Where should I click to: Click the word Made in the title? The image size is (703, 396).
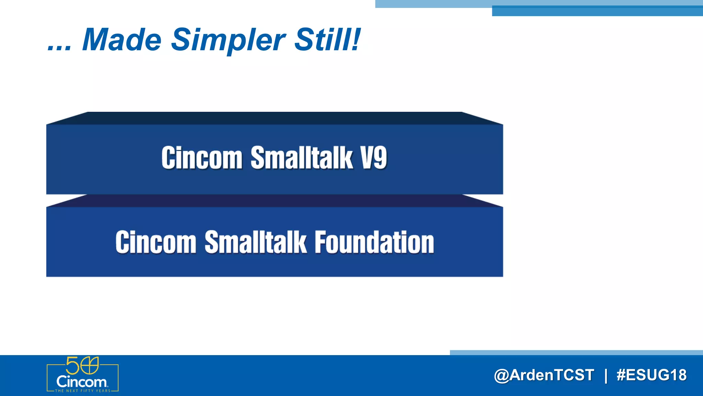(122, 40)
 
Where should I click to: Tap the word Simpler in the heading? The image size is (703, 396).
(228, 41)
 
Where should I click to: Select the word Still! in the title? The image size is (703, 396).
(327, 40)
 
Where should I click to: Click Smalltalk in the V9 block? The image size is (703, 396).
(302, 158)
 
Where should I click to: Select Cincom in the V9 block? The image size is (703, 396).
(202, 158)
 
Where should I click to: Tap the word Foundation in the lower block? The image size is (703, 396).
(374, 242)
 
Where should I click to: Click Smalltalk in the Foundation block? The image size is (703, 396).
(255, 242)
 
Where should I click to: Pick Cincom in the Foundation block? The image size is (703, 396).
(156, 243)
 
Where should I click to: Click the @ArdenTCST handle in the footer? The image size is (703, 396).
(544, 375)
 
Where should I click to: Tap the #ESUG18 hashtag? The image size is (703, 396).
(652, 375)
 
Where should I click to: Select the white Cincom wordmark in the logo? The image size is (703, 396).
(82, 382)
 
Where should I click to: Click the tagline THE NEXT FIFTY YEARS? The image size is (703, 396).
(83, 391)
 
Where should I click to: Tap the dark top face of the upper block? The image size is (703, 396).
(275, 118)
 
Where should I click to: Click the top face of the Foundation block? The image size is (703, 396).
(275, 201)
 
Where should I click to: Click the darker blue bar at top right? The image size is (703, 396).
(597, 11)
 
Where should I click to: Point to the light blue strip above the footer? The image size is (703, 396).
(577, 352)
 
